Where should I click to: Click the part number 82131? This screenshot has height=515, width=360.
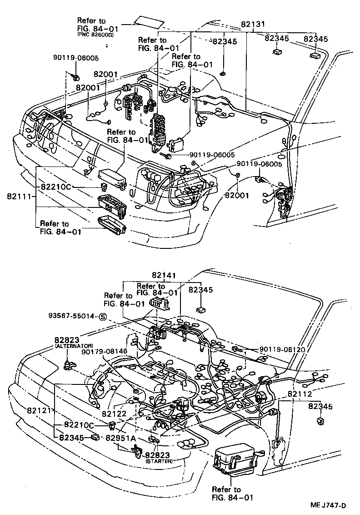[254, 26]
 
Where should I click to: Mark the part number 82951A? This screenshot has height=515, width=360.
[121, 438]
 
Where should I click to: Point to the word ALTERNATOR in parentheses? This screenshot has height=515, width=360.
[74, 346]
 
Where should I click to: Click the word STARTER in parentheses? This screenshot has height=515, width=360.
[159, 461]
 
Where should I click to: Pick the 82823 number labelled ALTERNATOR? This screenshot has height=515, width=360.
[67, 340]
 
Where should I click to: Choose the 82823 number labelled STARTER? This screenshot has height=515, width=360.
[158, 454]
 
